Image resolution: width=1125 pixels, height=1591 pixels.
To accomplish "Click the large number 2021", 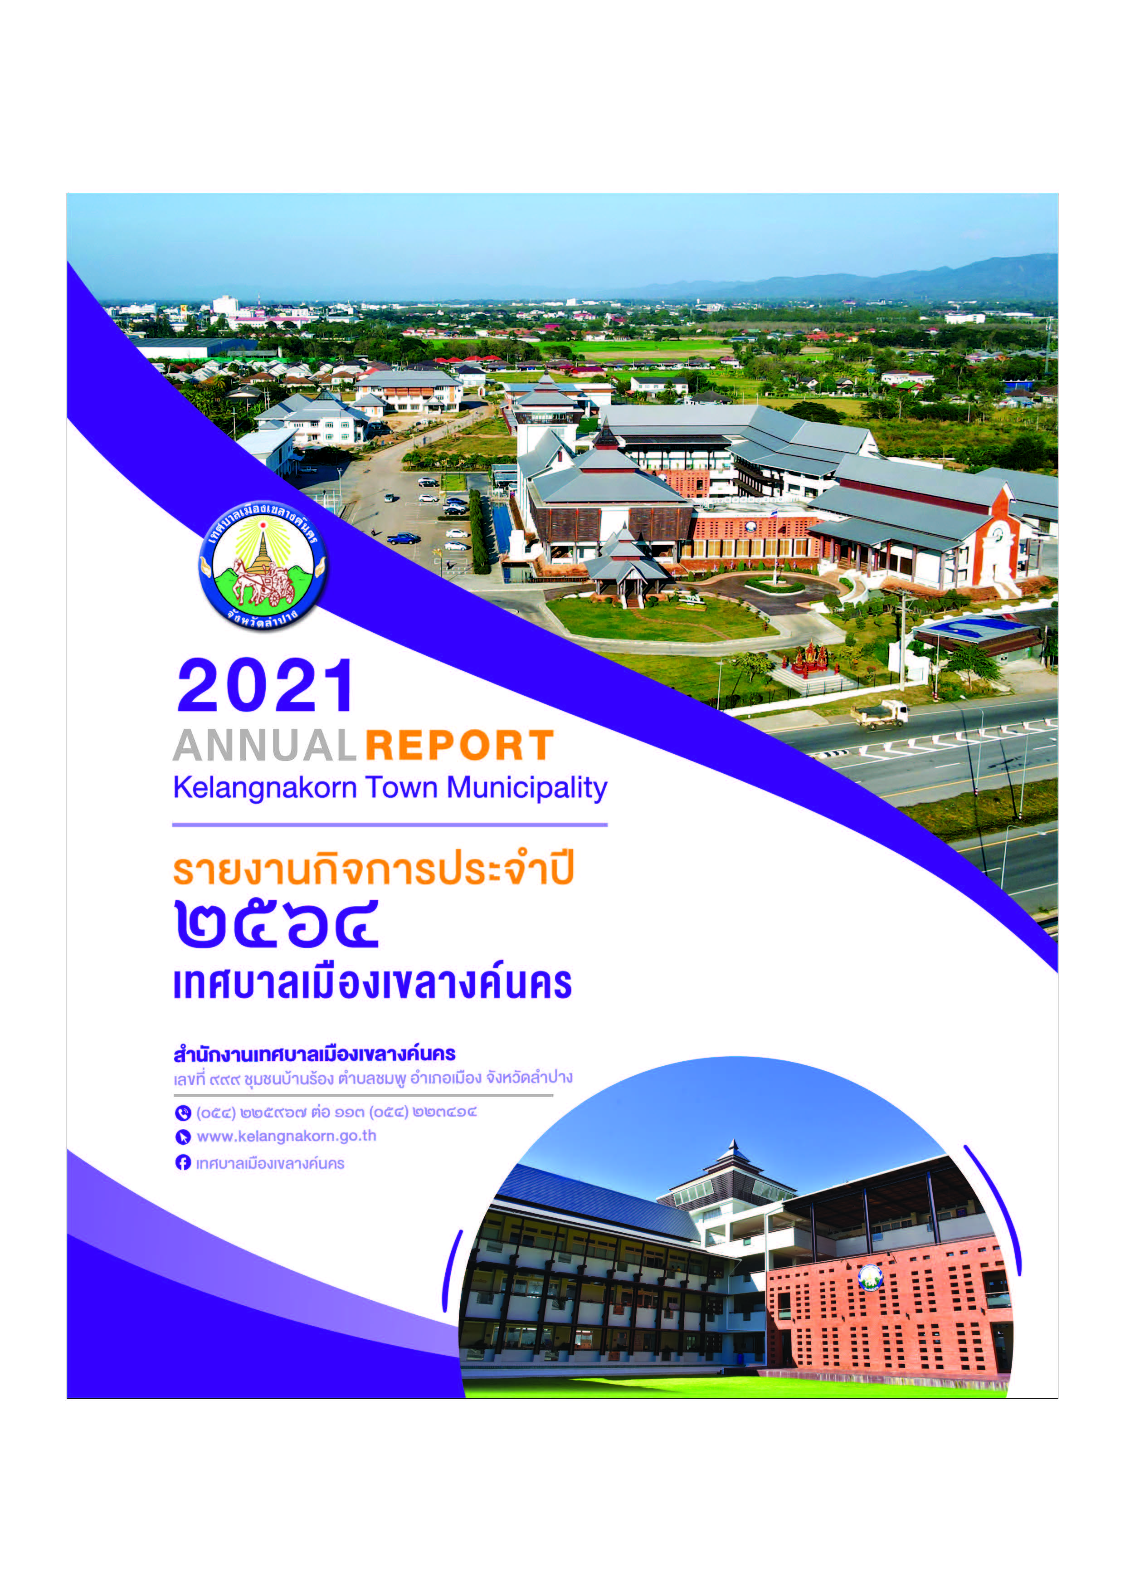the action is [x=265, y=686].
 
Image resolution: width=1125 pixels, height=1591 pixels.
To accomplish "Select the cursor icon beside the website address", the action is [x=183, y=1137].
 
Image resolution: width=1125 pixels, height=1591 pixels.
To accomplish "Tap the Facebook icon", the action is [x=183, y=1162].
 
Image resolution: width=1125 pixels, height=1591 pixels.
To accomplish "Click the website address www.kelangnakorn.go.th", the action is [x=287, y=1137].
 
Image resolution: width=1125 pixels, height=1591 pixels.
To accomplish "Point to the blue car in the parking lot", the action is [x=403, y=538].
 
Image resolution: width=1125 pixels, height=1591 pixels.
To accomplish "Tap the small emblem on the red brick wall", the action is [x=870, y=1277].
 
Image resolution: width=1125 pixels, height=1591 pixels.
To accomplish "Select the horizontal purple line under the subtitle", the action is [x=390, y=825].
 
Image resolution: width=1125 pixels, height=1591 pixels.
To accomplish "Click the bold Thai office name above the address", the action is [x=315, y=1054].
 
